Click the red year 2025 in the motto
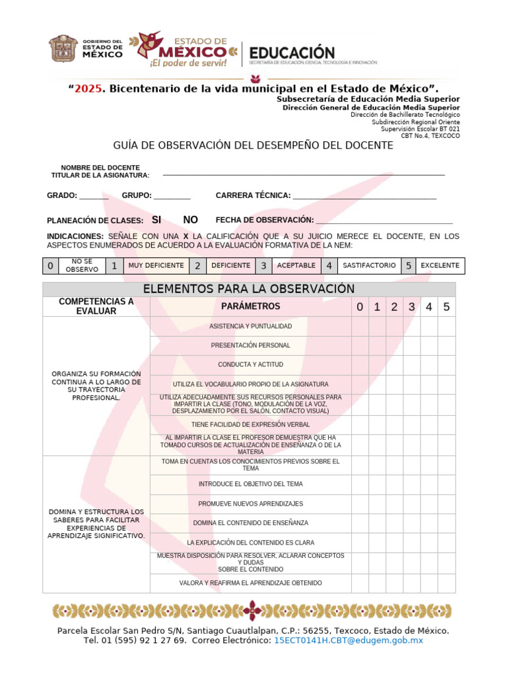click(89, 88)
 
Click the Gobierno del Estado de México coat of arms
click(63, 50)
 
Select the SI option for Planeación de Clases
click(156, 220)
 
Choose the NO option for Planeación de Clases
click(190, 220)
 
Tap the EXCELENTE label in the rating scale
click(440, 265)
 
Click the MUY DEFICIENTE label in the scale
click(156, 265)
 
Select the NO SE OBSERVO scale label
click(82, 265)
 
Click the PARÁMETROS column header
click(251, 306)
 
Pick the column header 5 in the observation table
click(446, 307)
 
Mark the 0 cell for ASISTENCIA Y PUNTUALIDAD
click(360, 326)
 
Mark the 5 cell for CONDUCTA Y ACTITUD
click(446, 364)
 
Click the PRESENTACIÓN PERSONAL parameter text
click(251, 345)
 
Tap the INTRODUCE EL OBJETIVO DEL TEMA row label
click(251, 484)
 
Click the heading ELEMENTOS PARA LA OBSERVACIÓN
click(249, 289)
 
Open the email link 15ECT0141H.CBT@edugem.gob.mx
click(348, 640)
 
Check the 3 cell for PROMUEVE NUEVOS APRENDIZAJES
click(411, 504)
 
